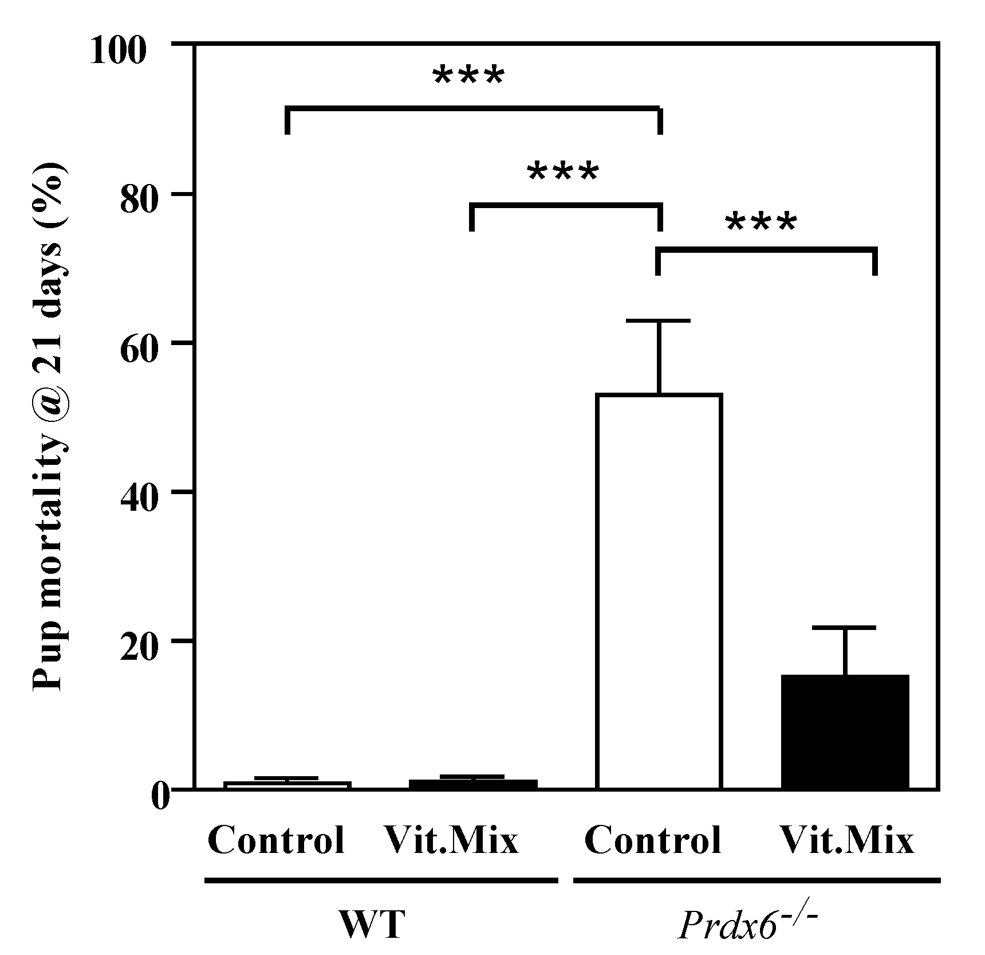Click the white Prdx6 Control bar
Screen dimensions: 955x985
tap(659, 590)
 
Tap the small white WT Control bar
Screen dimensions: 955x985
tap(287, 785)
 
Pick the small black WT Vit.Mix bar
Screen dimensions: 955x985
tap(473, 784)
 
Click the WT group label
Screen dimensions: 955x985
tap(372, 924)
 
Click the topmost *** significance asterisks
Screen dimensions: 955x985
tap(468, 77)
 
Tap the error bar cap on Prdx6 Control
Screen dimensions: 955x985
tap(659, 321)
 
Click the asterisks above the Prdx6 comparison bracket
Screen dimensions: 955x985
tap(761, 224)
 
